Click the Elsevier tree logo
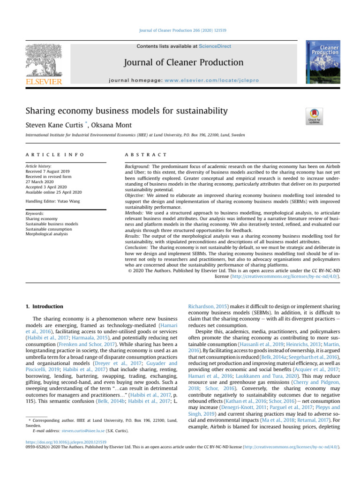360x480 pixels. pos(43,60)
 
